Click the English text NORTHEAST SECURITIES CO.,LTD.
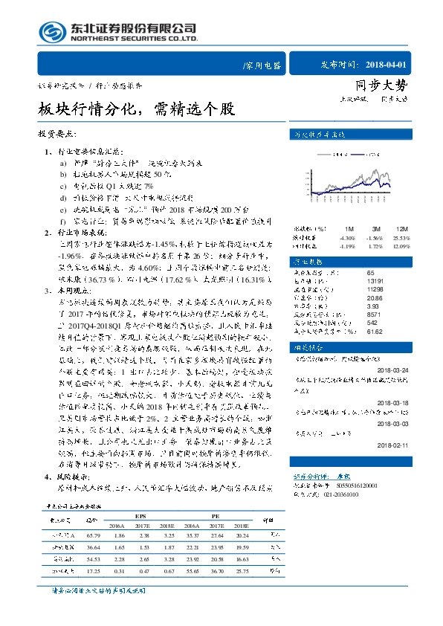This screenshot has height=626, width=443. (134, 39)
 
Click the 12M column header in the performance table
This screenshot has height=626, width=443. (401, 229)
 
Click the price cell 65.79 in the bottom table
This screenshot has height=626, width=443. (93, 535)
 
